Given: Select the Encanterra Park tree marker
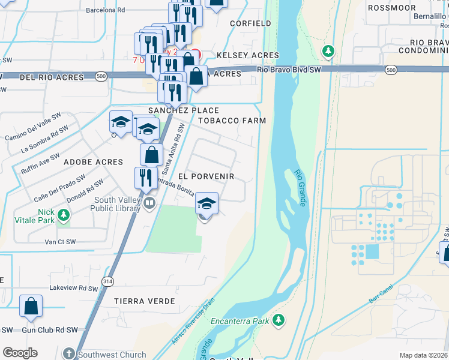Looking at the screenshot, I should tap(278, 321).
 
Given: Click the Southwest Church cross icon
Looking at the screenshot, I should tap(70, 354).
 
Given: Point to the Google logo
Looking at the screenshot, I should tap(20, 353).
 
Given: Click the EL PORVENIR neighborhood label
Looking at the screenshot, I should tap(206, 177).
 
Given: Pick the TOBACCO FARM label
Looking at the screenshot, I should tap(232, 121).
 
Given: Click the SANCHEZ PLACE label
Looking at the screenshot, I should tap(184, 111).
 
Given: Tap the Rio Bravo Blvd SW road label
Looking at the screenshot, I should tap(289, 70).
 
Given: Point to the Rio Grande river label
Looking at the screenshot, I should tap(301, 188).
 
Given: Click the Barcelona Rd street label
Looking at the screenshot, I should tap(105, 10).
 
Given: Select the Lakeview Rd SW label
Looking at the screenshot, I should tap(73, 288).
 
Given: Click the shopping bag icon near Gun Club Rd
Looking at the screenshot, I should tap(31, 305).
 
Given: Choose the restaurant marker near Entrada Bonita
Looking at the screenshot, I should tap(145, 177).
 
